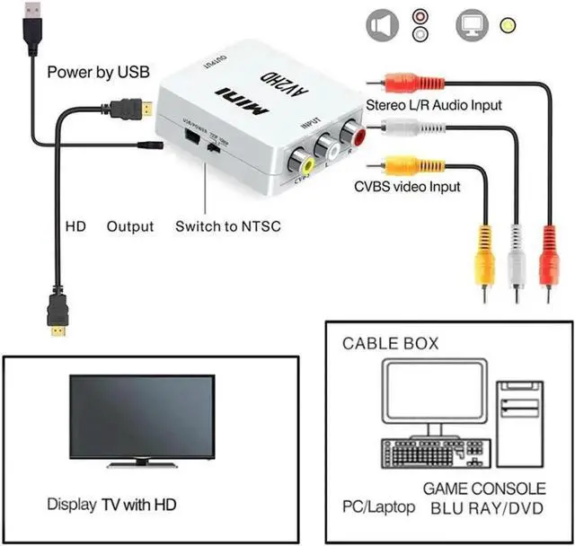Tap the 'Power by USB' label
pos(98,72)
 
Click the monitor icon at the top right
pos(474,24)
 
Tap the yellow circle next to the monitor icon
pos(509,26)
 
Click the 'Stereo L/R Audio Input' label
pos(433,105)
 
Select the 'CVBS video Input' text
pos(405,187)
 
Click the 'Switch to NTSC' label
pos(227,226)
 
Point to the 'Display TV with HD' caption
pos(111,505)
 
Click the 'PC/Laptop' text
pos(377,507)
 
